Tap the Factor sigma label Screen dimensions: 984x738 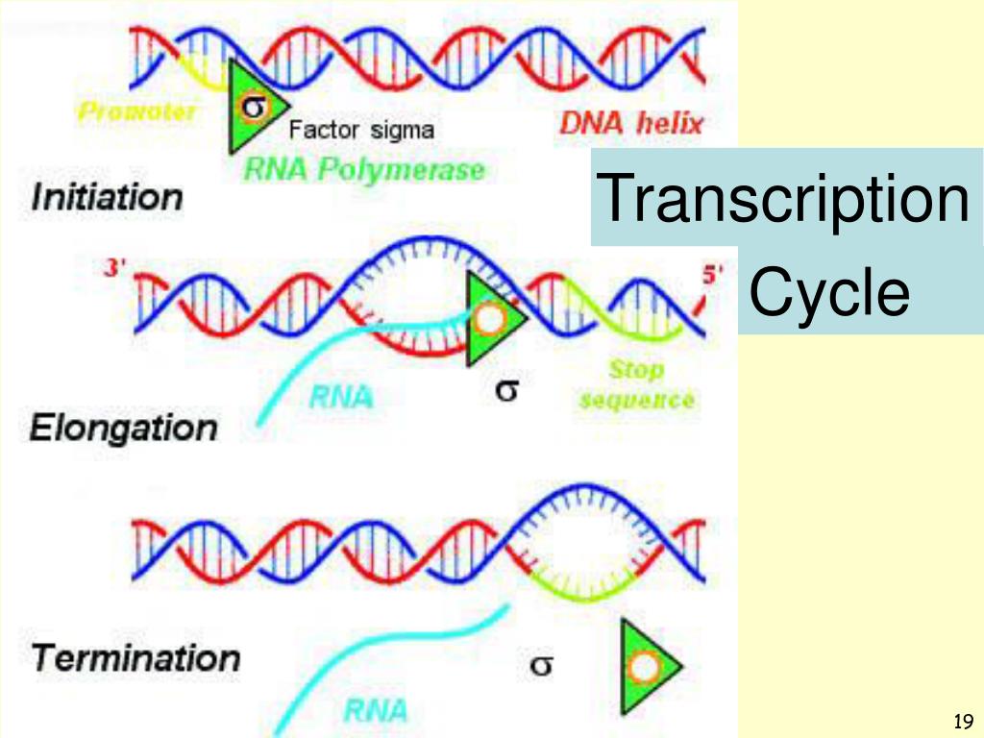[x=361, y=129]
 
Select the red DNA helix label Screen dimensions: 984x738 [x=632, y=123]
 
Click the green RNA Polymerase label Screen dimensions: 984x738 [x=364, y=170]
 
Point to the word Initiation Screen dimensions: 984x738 [x=107, y=198]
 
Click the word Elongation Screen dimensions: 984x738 [x=123, y=428]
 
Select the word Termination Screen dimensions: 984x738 [x=135, y=659]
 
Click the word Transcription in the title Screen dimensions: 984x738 [x=783, y=197]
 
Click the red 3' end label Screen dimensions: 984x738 [x=115, y=270]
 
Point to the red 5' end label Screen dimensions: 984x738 [x=712, y=274]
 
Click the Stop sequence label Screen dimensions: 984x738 [x=636, y=384]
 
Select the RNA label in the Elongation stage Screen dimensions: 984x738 [x=341, y=396]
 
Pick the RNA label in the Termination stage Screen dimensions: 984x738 [x=376, y=711]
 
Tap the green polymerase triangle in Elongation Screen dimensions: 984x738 [x=489, y=319]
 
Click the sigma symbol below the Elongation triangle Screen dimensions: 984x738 [x=507, y=390]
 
